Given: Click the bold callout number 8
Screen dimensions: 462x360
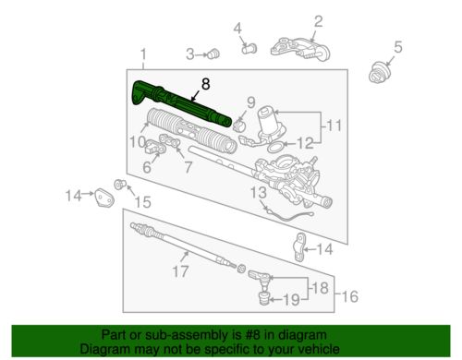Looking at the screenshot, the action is point(206,84).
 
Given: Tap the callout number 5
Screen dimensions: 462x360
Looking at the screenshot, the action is point(397,47).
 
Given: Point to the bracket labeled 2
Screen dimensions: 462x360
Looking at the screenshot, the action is point(300,50).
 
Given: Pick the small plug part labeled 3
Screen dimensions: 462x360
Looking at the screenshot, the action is point(213,54).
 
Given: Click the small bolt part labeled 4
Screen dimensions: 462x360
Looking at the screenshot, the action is point(249,48).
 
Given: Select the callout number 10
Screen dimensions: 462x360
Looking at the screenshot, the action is point(138,142).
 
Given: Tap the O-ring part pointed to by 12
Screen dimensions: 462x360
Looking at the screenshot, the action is point(275,147).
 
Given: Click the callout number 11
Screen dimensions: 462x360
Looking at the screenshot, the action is point(334,126).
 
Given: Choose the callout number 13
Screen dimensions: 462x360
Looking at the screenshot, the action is point(259,193).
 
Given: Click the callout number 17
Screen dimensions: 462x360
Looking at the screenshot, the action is point(180,271).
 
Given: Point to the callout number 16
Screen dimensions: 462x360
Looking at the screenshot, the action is point(350,296).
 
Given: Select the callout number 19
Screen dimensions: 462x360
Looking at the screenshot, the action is point(291,299).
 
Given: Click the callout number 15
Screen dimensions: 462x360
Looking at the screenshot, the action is point(143,202).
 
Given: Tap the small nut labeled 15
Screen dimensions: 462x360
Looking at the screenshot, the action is point(119,184).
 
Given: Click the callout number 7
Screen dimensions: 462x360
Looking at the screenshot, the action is point(188,167).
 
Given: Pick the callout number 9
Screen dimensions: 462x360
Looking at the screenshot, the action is point(251,102).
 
